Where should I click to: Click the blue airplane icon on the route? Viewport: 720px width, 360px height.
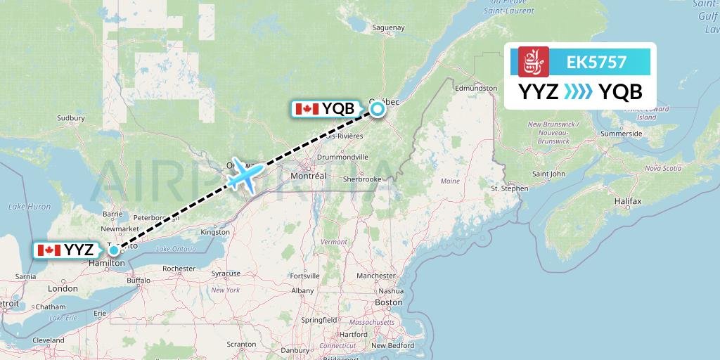[x=245, y=174]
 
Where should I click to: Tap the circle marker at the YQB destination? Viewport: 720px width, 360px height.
[x=378, y=108]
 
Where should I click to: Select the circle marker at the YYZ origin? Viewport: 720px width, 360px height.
[x=113, y=250]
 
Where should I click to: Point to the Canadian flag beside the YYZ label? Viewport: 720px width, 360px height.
[x=49, y=250]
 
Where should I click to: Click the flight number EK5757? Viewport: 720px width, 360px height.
[x=596, y=62]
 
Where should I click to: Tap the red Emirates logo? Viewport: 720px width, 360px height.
[x=533, y=62]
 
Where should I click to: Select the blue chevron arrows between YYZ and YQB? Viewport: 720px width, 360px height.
[x=579, y=92]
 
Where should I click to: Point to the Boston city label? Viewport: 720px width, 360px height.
[x=389, y=302]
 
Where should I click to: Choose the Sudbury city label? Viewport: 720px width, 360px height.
[x=70, y=117]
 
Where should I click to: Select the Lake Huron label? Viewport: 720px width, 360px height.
[x=29, y=206]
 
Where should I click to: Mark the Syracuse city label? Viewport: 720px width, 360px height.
[x=226, y=273]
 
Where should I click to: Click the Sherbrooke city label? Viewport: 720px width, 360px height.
[x=363, y=179]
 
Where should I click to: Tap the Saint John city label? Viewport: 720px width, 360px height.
[x=548, y=174]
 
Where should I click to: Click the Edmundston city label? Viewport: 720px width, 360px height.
[x=476, y=89]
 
